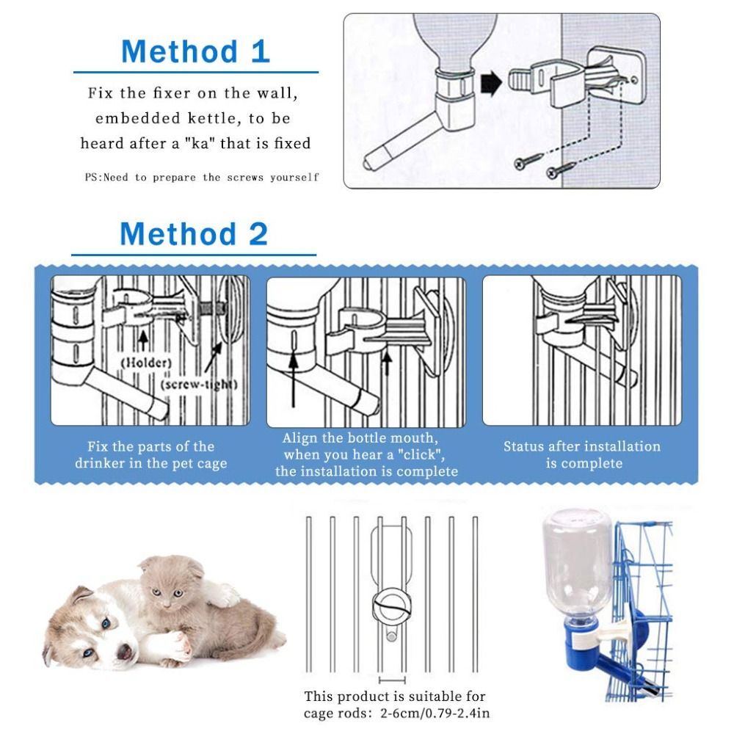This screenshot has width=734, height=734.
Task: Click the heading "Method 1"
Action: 195,52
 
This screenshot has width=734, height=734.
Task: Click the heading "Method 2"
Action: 194,234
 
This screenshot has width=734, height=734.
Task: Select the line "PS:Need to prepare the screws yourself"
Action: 202,178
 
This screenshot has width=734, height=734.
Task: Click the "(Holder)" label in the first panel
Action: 146,363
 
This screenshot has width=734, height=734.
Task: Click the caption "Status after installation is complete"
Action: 582,454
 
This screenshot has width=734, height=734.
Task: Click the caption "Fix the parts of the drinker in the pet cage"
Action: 150,454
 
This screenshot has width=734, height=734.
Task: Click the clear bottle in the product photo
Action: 578,562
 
